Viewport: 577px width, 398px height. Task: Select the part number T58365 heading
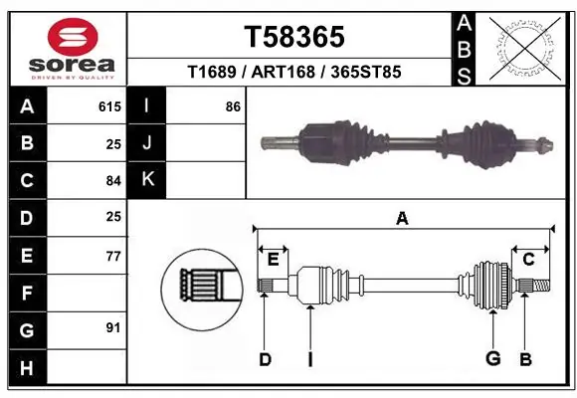[293, 37]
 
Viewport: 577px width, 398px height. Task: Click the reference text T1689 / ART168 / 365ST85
[293, 73]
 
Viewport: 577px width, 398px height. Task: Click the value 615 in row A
[110, 105]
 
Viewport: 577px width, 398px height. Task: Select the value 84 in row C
[113, 180]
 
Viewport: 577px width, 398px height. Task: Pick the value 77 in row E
[113, 256]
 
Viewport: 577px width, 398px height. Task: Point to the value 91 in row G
[113, 327]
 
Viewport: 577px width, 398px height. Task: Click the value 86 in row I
[233, 105]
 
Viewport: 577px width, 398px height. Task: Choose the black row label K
[147, 180]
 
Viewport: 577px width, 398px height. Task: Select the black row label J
[147, 142]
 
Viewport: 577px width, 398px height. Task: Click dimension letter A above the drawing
[402, 219]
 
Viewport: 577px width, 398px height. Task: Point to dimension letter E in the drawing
[273, 260]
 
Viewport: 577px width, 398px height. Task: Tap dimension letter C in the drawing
[529, 260]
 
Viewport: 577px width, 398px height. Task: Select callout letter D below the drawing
[265, 360]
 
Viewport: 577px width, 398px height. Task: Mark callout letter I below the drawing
[309, 360]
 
